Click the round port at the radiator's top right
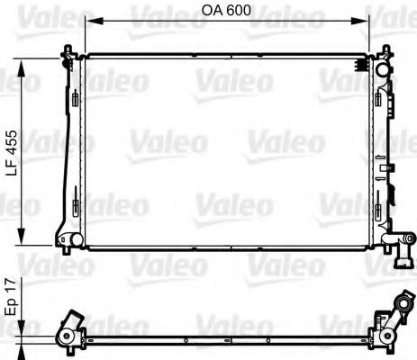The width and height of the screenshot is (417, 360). [x=382, y=70]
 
